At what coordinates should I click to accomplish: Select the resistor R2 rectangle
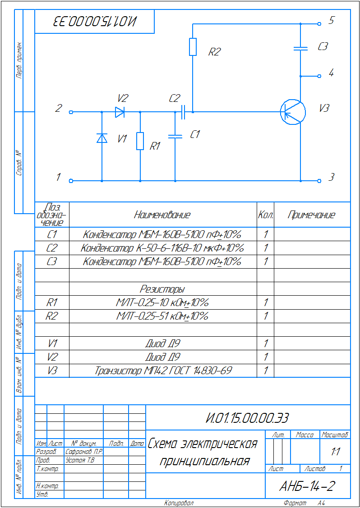coord(193,47)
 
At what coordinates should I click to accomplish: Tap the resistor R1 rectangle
coord(140,141)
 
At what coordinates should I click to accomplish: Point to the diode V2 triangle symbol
coord(120,112)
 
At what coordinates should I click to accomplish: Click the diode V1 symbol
coord(102,138)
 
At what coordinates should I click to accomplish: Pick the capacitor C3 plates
coord(300,48)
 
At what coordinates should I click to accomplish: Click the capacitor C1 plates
coord(175,135)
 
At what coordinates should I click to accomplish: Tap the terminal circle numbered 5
coord(319,24)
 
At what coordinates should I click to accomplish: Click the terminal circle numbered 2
coord(71,112)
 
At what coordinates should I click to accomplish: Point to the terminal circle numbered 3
coord(319,181)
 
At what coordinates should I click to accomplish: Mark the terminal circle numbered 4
coord(319,76)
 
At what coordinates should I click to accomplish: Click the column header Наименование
coord(162,215)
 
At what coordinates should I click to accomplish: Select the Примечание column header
coord(312,215)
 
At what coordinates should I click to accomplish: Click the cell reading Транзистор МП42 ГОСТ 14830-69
coord(163,371)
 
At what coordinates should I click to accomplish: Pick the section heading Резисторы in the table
coord(162,289)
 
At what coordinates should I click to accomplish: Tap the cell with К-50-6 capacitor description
coord(162,248)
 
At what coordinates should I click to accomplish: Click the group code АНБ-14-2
coord(307,486)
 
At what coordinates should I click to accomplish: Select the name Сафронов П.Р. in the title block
coord(84,451)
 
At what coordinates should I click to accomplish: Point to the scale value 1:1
coord(335,452)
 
